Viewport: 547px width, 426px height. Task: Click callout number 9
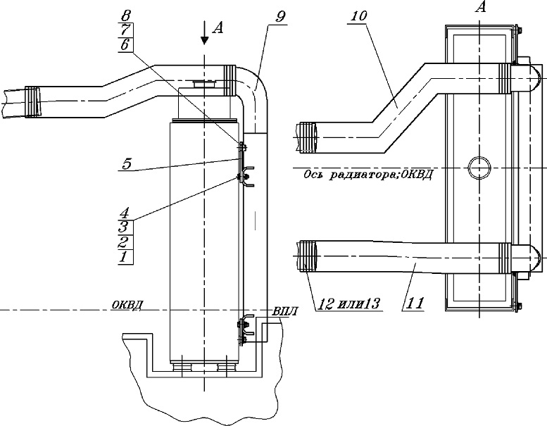tap(280, 17)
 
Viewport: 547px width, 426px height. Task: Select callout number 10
tap(356, 16)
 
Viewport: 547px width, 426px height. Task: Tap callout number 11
tap(415, 302)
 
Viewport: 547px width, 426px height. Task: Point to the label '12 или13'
tap(348, 303)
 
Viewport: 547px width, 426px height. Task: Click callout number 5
tap(127, 163)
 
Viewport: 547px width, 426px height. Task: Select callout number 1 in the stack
tap(123, 257)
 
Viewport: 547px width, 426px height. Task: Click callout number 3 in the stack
tap(124, 227)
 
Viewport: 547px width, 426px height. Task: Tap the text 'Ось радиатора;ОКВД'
tap(368, 175)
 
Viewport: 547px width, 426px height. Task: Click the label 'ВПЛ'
tap(285, 311)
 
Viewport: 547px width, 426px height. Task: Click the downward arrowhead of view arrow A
tap(204, 39)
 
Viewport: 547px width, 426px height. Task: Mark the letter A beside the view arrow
tap(218, 28)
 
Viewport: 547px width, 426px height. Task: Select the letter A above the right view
tap(481, 6)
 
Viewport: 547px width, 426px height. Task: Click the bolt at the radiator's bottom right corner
tap(518, 307)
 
